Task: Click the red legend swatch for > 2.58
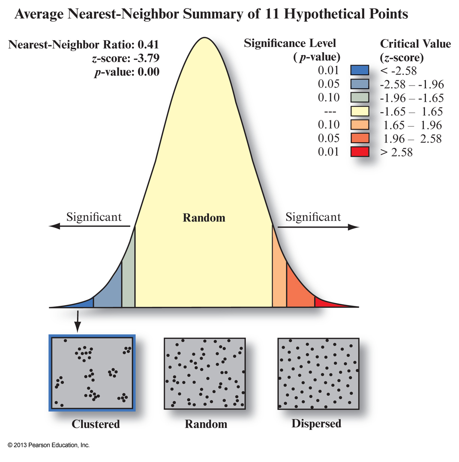[x=360, y=151]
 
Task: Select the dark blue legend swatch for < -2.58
[x=360, y=70]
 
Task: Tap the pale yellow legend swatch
[x=360, y=111]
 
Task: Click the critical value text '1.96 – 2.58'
[x=411, y=139]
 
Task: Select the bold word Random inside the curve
[x=204, y=218]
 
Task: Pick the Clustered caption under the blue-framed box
[x=96, y=424]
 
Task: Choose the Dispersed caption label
[x=316, y=423]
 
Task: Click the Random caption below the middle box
[x=206, y=424]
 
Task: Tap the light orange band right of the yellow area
[x=279, y=282]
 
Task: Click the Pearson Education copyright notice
[x=48, y=445]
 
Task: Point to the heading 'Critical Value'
[x=415, y=44]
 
